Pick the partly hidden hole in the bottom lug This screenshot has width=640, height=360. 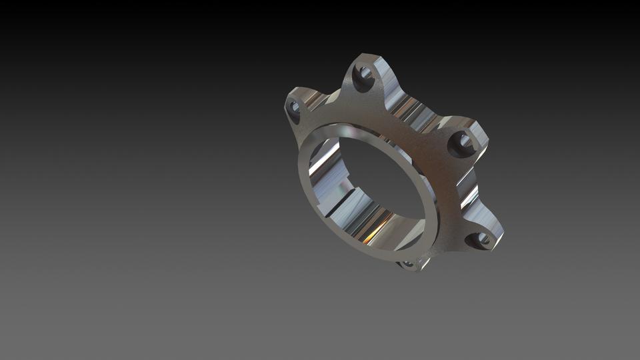pos(407,264)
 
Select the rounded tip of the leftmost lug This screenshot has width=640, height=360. pos(289,100)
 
